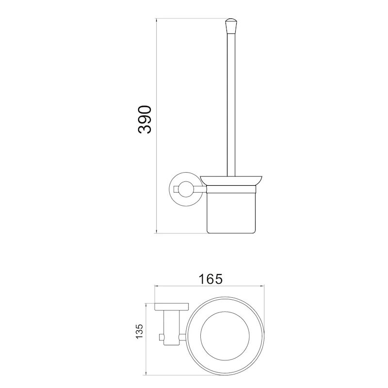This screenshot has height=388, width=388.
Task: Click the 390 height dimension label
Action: point(145,120)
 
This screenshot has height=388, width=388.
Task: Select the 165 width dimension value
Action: point(211,279)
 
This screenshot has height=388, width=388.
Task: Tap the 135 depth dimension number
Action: point(140,331)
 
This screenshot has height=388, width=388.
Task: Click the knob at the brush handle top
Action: point(230,26)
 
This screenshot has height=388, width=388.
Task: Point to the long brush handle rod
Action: point(231,105)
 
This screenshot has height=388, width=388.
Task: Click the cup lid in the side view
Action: point(231,180)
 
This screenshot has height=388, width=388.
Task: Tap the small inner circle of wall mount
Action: point(186,189)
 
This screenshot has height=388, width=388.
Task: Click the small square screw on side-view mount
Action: point(177,189)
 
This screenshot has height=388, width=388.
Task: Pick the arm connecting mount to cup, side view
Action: point(200,189)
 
